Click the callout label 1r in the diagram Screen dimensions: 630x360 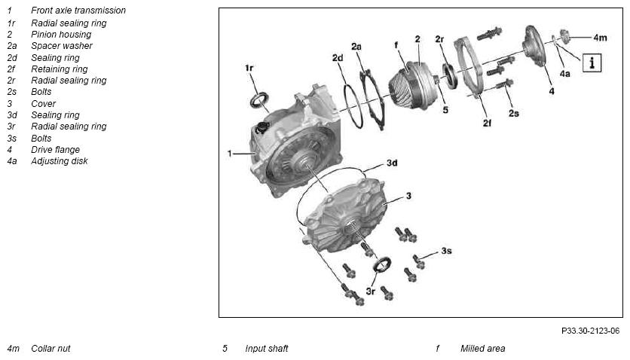pyautogui.click(x=249, y=68)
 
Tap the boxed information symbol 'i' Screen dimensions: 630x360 pyautogui.click(x=592, y=63)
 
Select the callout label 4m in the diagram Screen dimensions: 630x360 pyautogui.click(x=600, y=38)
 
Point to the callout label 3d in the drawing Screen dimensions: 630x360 pyautogui.click(x=392, y=163)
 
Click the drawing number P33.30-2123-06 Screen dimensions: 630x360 pyautogui.click(x=590, y=331)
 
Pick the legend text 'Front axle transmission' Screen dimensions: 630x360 pyautogui.click(x=78, y=11)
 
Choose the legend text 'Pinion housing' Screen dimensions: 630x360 pyautogui.click(x=61, y=35)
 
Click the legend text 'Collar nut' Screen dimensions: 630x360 pyautogui.click(x=50, y=349)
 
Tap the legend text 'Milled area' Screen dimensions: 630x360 pyautogui.click(x=482, y=349)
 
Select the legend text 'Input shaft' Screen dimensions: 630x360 pyautogui.click(x=266, y=349)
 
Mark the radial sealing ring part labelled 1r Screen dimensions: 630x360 pyautogui.click(x=259, y=100)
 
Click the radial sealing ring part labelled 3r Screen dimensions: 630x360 pyautogui.click(x=382, y=264)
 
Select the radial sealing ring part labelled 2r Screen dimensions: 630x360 pyautogui.click(x=450, y=75)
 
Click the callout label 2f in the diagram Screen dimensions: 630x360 pyautogui.click(x=487, y=123)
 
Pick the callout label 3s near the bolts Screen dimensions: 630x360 pyautogui.click(x=446, y=251)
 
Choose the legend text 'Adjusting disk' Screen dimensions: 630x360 pyautogui.click(x=59, y=161)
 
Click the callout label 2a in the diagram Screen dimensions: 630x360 pyautogui.click(x=356, y=47)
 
